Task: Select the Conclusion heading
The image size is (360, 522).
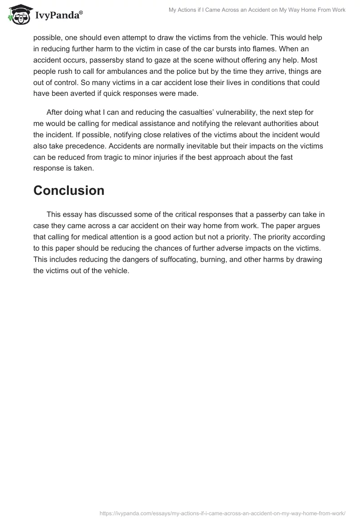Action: click(x=69, y=190)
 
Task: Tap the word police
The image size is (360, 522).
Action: click(x=189, y=71)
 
